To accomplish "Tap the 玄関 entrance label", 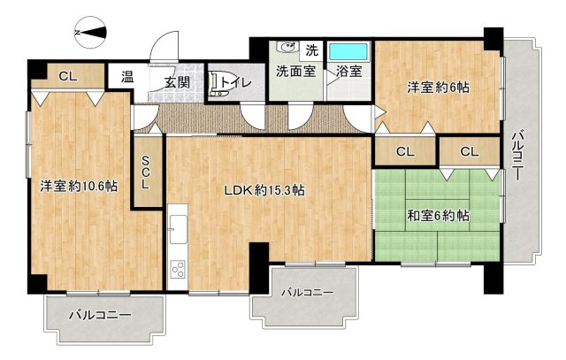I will [177, 82].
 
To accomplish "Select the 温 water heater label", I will [127, 77].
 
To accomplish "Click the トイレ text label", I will [236, 83].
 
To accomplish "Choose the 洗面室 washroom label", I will [294, 72].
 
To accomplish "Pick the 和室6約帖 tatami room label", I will [438, 215].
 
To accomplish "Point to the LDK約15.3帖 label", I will [264, 189].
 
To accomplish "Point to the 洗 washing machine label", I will [311, 49].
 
